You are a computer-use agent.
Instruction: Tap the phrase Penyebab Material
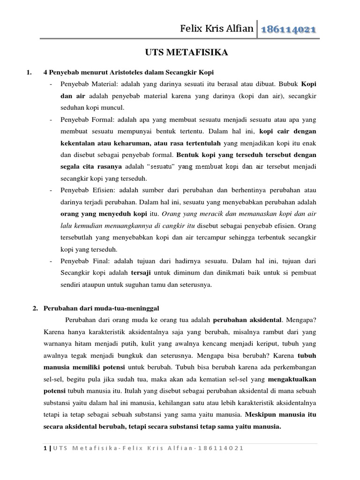point(84,84)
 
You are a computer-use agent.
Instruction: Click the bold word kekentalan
point(79,143)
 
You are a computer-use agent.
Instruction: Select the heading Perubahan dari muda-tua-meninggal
point(101,308)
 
